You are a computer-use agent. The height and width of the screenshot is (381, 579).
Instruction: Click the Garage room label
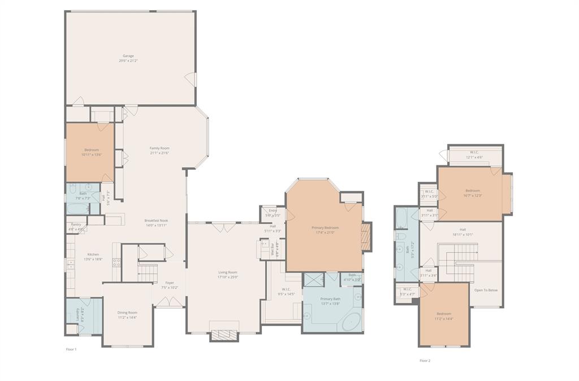coord(128,56)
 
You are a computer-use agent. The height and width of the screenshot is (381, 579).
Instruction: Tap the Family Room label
coord(159,148)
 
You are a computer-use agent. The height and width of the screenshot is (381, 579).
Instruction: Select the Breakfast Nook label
coord(156,221)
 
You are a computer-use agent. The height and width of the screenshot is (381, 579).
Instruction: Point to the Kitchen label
coord(93,255)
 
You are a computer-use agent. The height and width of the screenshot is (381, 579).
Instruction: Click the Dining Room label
coord(127,312)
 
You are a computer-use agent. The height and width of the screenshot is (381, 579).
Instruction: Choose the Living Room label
coord(228,272)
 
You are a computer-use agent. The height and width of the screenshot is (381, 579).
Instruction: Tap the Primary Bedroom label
coord(325,228)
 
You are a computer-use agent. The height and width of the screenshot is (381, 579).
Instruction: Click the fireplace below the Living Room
coord(225,335)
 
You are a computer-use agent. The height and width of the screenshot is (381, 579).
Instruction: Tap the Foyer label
coord(170,283)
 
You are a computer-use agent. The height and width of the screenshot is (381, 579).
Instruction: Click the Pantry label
coord(76,225)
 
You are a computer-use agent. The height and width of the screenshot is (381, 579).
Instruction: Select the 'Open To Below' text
coord(486,290)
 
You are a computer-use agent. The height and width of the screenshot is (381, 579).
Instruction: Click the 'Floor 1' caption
coord(71,349)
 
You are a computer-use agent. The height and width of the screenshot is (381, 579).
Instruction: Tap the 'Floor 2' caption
coord(425,360)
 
